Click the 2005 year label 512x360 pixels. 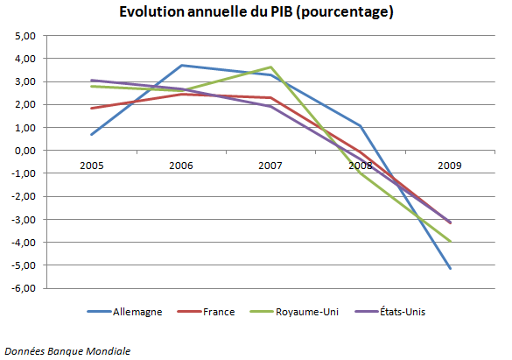pyautogui.click(x=92, y=165)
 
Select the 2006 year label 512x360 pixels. pyautogui.click(x=180, y=165)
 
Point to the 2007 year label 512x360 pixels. pyautogui.click(x=270, y=165)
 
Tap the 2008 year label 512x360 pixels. pyautogui.click(x=360, y=165)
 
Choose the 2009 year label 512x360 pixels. pyautogui.click(x=449, y=165)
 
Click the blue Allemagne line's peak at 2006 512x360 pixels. pyautogui.click(x=180, y=66)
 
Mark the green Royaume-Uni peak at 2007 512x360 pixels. pyautogui.click(x=270, y=67)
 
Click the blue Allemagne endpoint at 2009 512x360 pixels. pyautogui.click(x=450, y=268)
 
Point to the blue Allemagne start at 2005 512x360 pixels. pyautogui.click(x=92, y=134)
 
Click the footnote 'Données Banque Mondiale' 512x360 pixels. pyautogui.click(x=67, y=350)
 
